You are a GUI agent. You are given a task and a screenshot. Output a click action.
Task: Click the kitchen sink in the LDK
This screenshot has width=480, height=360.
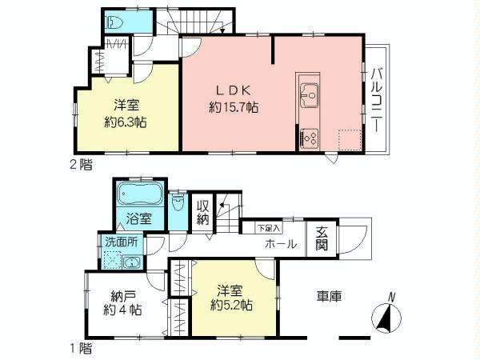pos(308,97)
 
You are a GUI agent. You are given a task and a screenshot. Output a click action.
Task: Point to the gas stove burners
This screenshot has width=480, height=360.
pos(309,137)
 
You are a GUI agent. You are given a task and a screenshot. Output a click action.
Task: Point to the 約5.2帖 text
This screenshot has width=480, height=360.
pos(233,305)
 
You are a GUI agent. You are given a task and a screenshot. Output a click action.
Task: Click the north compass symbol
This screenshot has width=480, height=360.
pos(386,318)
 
